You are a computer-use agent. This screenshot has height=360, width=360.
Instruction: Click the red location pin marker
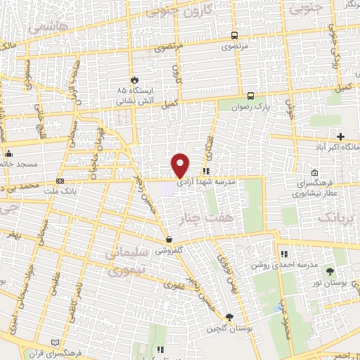[181, 165]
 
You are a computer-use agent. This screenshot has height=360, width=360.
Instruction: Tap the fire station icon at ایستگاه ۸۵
[136, 80]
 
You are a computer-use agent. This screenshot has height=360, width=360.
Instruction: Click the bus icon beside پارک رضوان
[251, 95]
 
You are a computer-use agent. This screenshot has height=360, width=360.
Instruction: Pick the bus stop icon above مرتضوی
[234, 35]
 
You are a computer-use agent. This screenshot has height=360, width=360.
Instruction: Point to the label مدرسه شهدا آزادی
[205, 181]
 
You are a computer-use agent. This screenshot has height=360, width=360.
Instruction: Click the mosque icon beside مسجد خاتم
[8, 154]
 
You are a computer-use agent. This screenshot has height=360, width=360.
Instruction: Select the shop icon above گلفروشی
[167, 239]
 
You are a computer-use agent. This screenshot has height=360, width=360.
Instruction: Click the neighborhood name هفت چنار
[204, 218]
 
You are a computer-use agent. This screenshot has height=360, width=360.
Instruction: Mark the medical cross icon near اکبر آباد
[341, 136]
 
